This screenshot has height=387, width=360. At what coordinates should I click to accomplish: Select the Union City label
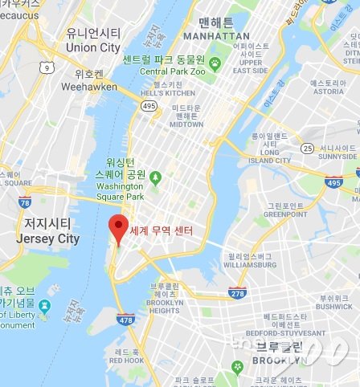tap(93, 47)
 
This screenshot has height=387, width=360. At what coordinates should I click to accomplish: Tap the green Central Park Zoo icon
tap(215, 62)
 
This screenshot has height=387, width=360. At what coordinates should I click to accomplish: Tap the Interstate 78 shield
tap(25, 203)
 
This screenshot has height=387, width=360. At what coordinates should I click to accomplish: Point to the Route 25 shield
tap(307, 147)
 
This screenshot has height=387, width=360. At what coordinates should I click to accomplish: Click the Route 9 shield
tap(47, 68)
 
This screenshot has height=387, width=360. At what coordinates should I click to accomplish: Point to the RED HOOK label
tap(128, 361)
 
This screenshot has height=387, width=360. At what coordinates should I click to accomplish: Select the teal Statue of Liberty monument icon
tap(44, 306)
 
